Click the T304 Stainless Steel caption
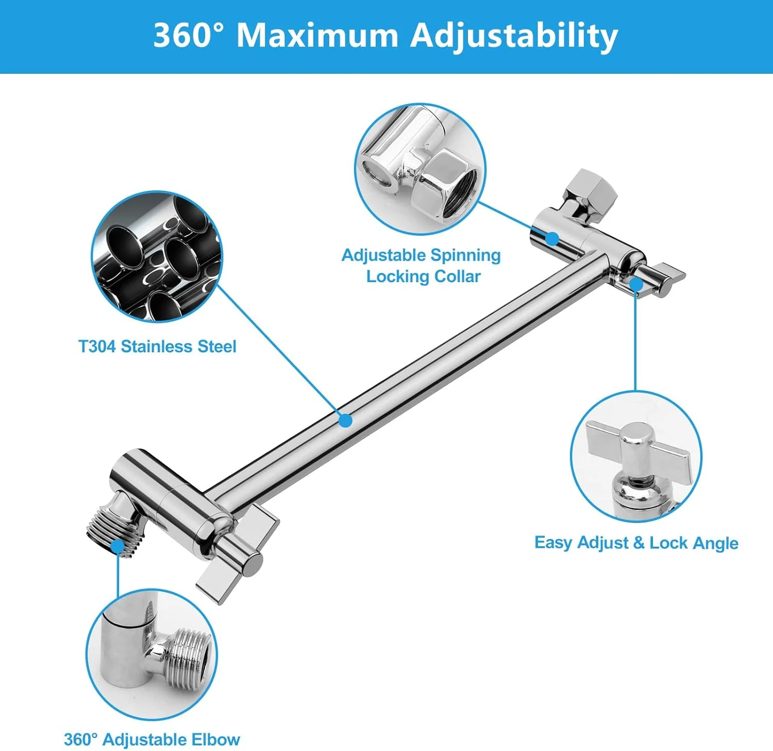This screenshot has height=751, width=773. [157, 346]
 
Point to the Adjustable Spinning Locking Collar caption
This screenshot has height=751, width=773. [422, 266]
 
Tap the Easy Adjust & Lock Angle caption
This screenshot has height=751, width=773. [636, 543]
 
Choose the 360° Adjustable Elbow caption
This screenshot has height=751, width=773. [152, 739]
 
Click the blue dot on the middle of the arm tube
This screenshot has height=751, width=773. [346, 420]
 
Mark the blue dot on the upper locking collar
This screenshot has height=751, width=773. [552, 238]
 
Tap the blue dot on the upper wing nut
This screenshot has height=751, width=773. [636, 284]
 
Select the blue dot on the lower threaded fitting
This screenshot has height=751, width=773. [117, 547]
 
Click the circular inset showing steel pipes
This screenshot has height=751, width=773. [157, 256]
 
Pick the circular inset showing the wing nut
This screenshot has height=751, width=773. [636, 456]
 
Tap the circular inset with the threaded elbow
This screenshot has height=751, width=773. [152, 655]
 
